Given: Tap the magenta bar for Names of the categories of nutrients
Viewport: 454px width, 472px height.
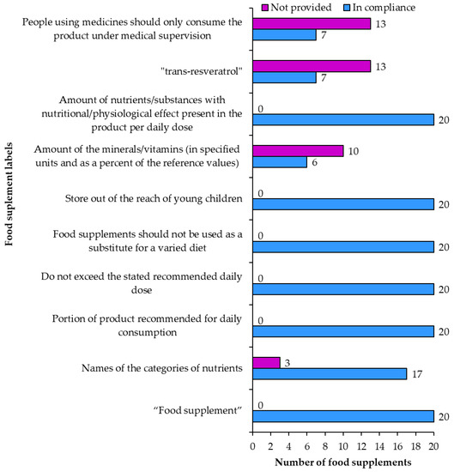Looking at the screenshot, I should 265,361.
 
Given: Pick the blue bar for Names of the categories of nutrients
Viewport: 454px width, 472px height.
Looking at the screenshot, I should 329,374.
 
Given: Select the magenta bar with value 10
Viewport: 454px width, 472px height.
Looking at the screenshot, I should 297,150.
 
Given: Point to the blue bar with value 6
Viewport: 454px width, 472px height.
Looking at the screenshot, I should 279,163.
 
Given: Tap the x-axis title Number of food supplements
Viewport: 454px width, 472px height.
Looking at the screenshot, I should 342,463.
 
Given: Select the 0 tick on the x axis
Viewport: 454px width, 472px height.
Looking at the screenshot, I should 252,445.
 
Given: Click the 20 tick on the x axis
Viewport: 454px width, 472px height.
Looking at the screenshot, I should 433,445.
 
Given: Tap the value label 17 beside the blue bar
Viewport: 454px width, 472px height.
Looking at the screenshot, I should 417,374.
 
